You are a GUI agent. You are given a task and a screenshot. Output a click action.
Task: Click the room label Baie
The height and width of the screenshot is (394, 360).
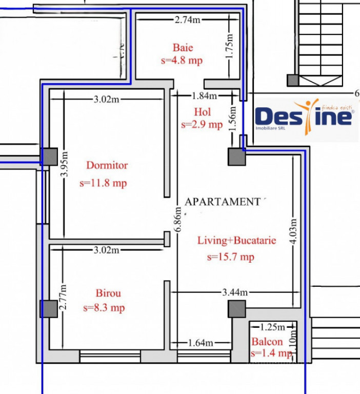click(183, 48)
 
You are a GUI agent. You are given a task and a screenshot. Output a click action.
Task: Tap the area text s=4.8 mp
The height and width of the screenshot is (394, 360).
click(182, 60)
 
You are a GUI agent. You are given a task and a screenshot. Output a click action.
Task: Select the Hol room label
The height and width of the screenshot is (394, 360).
click(202, 112)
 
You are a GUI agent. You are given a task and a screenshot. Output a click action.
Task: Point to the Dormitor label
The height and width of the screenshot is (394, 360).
click(107, 165)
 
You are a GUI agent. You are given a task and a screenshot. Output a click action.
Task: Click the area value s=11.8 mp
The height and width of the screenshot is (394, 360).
click(103, 183)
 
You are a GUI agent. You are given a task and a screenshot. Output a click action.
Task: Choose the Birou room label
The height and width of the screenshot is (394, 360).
click(108, 293)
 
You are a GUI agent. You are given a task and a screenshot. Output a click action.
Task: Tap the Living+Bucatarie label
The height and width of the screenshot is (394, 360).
click(237, 240)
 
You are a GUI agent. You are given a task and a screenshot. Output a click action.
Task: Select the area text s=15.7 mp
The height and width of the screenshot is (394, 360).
click(230, 257)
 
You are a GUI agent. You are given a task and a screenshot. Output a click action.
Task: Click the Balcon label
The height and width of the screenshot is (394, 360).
click(267, 342)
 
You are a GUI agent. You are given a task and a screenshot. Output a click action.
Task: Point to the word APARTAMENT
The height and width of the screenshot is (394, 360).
click(222, 202)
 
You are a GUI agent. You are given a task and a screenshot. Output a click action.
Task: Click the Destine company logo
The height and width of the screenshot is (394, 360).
click(306, 117)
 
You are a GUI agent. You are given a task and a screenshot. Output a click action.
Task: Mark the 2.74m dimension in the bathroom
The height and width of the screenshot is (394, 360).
click(187, 20)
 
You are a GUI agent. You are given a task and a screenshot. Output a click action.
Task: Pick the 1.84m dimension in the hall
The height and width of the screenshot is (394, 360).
click(204, 95)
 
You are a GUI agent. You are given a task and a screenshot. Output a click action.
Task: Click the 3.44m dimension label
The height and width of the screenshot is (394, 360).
click(235, 292)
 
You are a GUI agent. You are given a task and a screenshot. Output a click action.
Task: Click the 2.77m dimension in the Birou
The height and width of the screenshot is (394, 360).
click(63, 298)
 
